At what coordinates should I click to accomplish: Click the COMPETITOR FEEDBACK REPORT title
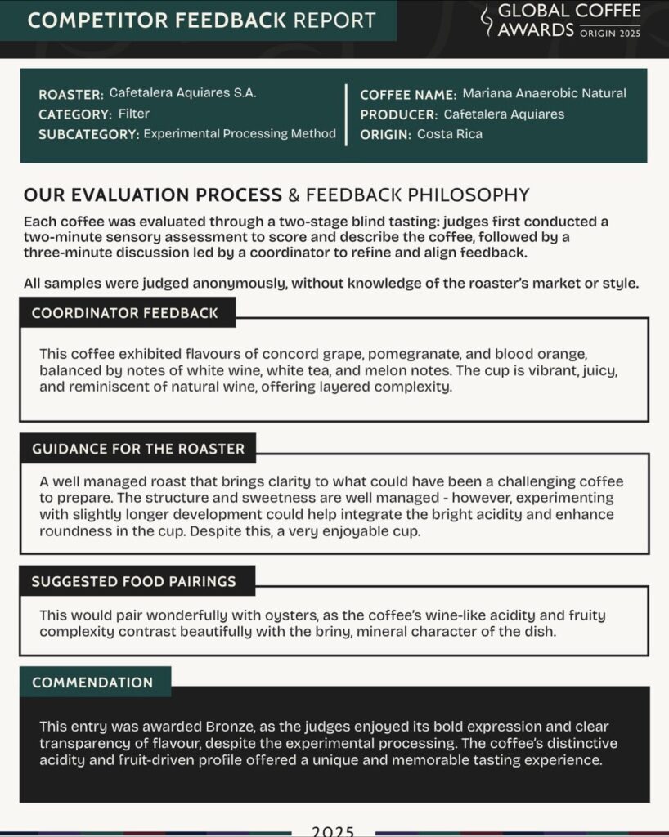[202, 20]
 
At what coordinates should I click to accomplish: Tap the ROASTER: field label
[70, 94]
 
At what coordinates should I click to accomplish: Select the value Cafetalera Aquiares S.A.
[182, 93]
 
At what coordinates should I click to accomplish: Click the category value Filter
[133, 114]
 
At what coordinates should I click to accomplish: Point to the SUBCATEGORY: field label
[88, 134]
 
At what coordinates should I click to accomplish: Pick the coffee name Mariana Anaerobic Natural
[544, 93]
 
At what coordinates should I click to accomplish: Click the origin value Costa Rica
[450, 134]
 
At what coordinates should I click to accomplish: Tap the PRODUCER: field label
[398, 114]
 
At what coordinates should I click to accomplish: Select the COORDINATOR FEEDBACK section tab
[125, 313]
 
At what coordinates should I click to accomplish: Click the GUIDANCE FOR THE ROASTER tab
[138, 449]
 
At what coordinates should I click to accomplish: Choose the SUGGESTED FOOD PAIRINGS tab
[134, 582]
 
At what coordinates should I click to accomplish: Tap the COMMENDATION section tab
[92, 683]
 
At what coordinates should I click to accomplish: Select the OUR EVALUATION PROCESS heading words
[152, 195]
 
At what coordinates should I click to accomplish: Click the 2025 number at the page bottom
[333, 830]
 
